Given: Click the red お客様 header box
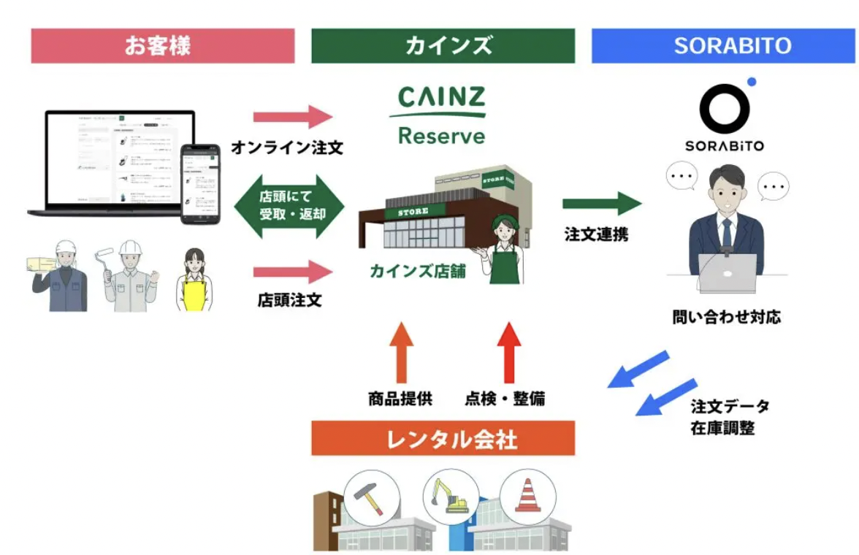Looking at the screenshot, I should click(162, 46).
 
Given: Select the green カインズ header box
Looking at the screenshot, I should click(443, 46).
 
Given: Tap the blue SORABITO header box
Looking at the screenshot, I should click(723, 46).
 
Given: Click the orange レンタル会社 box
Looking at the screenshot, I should click(443, 439).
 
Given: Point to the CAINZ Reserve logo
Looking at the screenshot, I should click(441, 115).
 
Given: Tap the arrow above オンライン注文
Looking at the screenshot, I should click(292, 117).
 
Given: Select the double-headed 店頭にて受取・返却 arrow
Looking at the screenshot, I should click(289, 206).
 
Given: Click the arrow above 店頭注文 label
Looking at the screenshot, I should click(292, 273).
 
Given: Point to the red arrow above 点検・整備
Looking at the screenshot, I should click(508, 352).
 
